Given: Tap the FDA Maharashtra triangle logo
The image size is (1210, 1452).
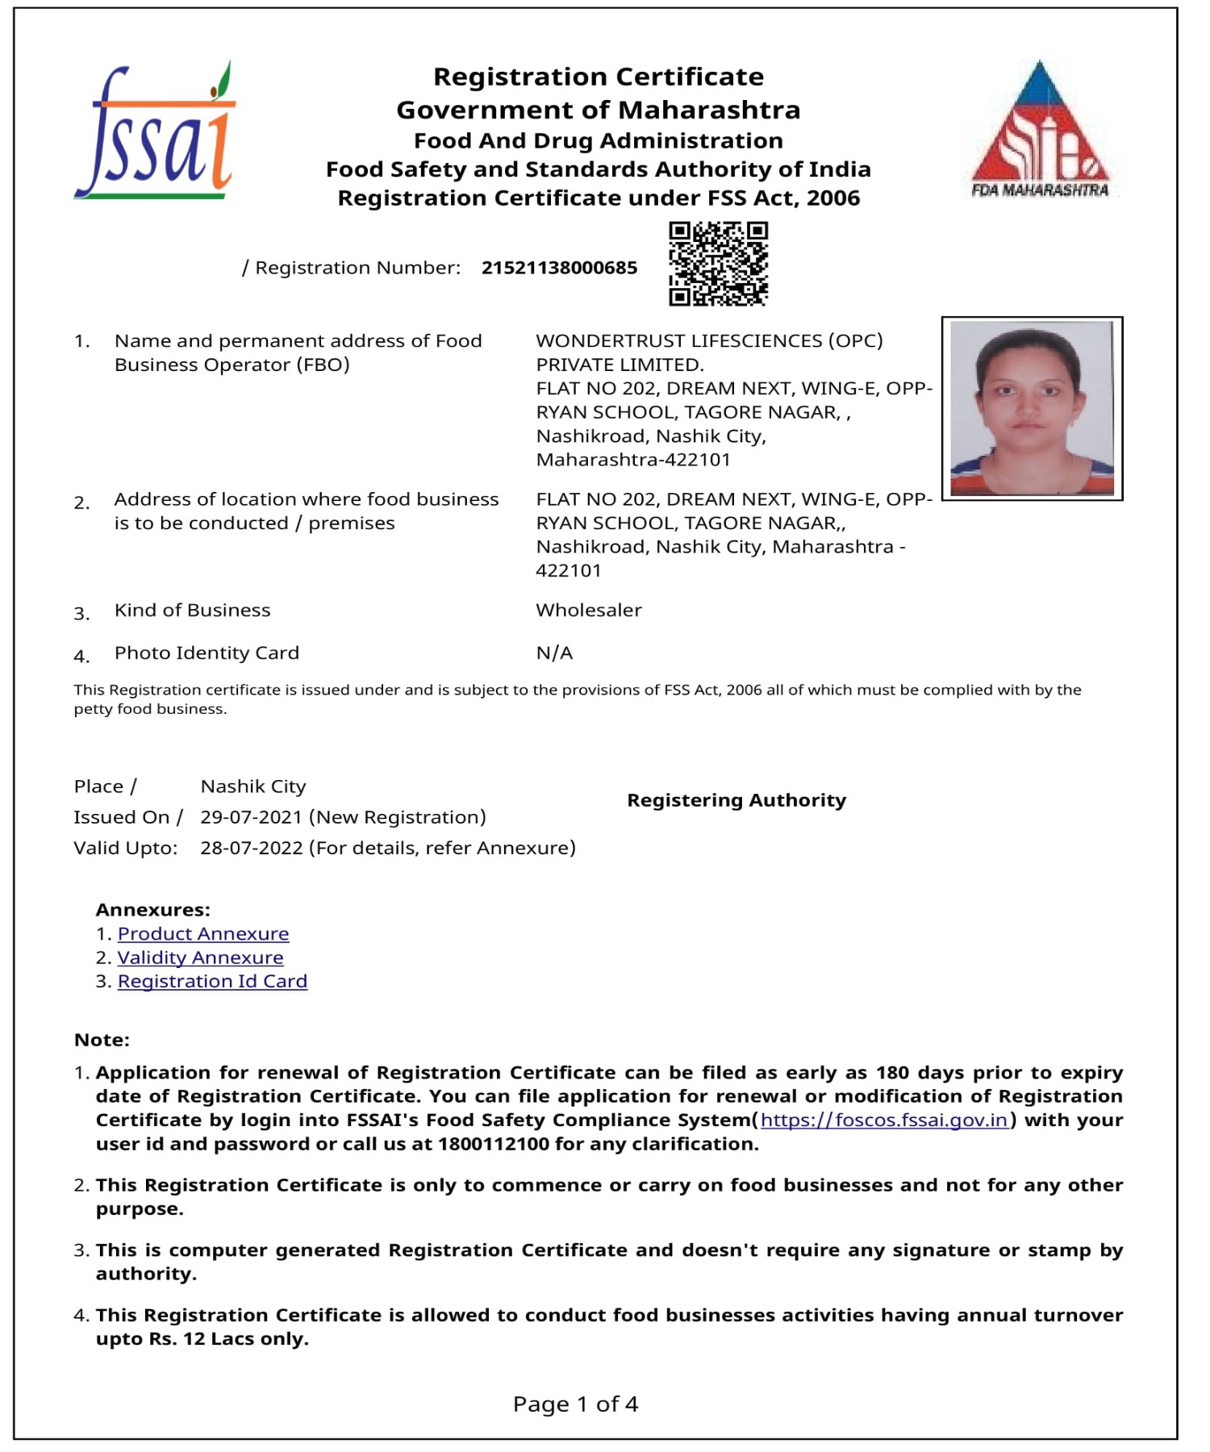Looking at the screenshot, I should point(1040,129).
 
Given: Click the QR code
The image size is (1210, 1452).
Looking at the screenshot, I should point(718,264).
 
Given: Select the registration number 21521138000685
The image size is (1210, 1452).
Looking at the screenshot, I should point(559,268).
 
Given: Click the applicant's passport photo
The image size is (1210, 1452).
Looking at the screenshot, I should point(1032,408).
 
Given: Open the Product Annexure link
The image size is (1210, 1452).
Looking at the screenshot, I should point(203,933).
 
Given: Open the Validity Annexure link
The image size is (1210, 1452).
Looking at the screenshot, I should point(200,958).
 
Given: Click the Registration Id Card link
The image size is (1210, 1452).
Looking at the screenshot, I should point(212,981).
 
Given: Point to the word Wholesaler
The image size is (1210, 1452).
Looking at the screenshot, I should point(589,610).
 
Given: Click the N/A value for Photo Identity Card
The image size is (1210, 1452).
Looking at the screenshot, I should point(554,653).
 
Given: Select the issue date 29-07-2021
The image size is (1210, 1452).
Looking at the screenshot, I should point(251,817).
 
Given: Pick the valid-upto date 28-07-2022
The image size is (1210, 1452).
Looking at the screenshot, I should point(251,848).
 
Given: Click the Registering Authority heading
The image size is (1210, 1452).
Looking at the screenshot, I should point(736,800).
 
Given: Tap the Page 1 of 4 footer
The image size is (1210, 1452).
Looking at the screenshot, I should point(575,1404).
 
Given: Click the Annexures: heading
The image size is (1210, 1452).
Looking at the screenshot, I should point(152,910).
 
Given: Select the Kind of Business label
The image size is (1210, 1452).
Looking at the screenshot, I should point(192,610).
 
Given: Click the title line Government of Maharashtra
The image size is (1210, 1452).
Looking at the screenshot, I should point(598,110).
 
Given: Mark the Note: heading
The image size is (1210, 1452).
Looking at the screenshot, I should point(102,1040).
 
